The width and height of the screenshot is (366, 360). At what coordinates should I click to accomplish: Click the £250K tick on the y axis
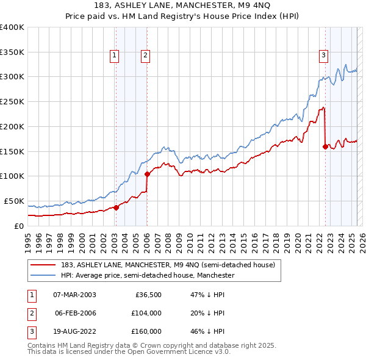point(12,102)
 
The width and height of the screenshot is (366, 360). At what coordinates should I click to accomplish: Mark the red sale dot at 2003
point(116,207)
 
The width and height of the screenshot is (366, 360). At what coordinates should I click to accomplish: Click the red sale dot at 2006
point(148,174)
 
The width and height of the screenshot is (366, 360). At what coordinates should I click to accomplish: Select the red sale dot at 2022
point(325,146)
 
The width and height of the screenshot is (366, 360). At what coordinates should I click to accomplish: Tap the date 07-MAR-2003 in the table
point(74,295)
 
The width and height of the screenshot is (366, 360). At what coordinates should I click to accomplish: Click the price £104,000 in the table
point(146,313)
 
